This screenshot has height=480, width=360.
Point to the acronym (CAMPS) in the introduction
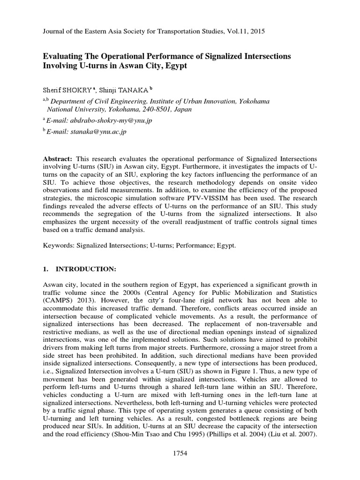57,300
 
